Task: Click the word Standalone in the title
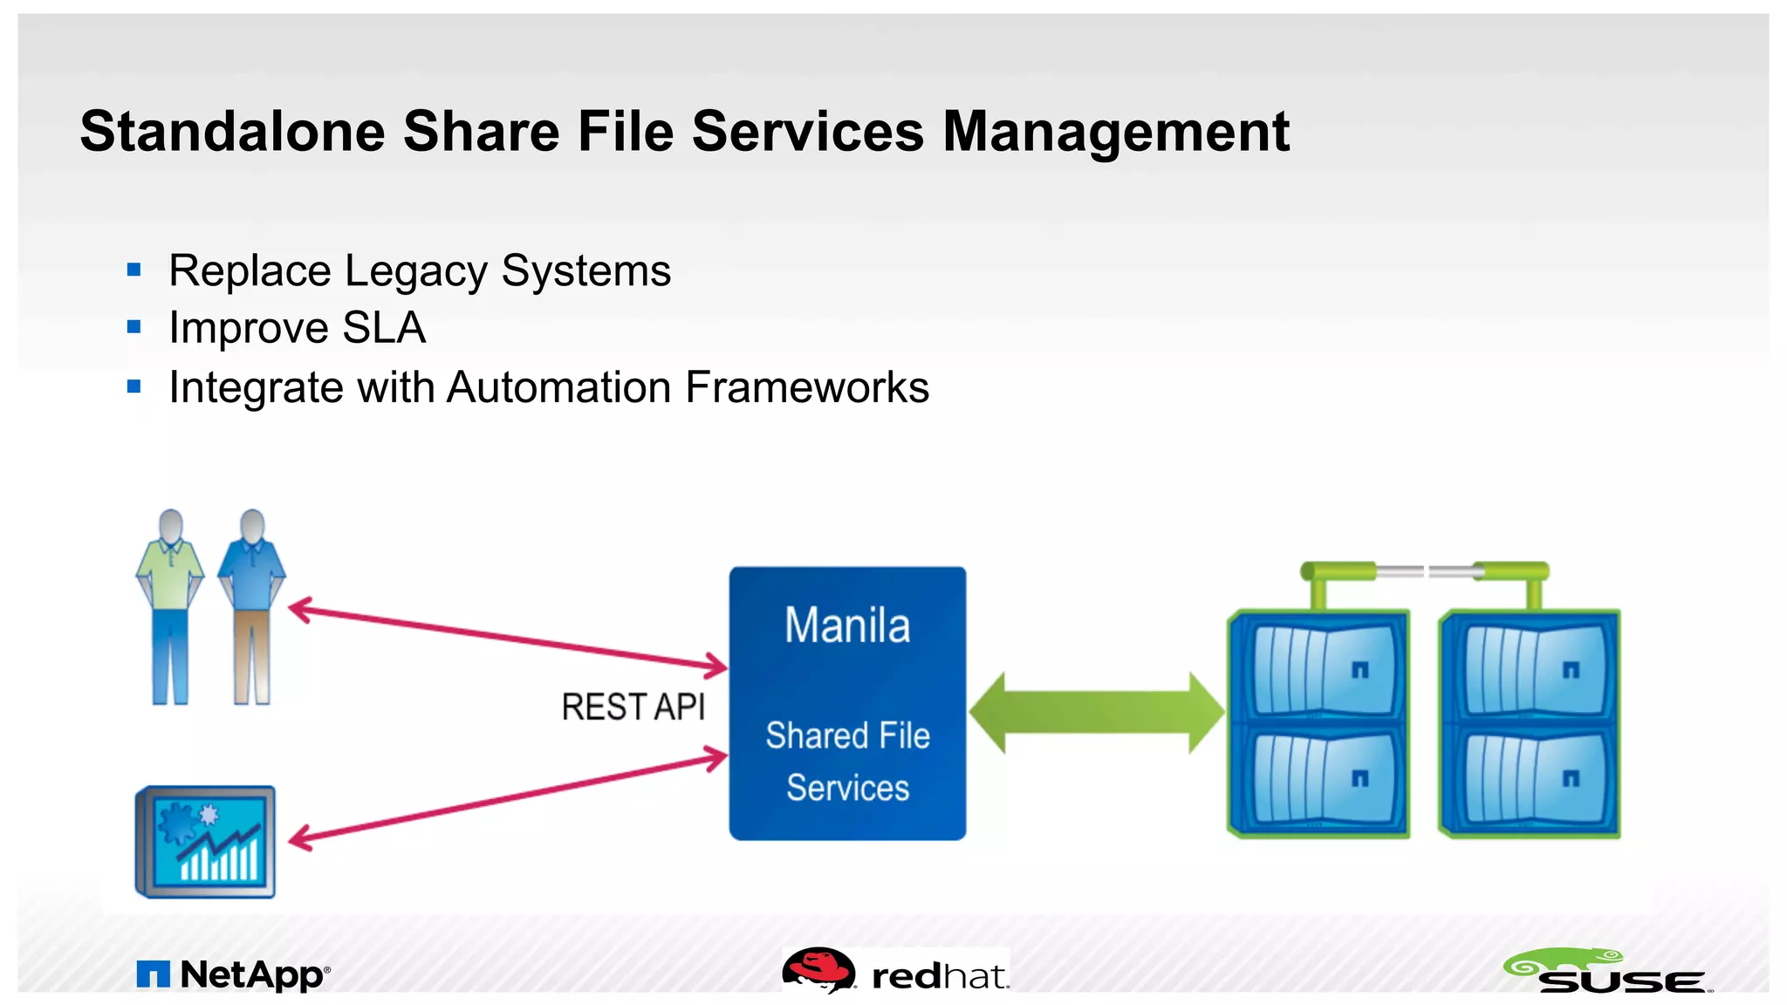232,132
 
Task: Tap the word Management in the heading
1116,132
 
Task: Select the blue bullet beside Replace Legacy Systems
134,270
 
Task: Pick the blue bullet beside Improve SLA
134,328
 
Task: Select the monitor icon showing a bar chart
205,842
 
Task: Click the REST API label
633,707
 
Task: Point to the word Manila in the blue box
847,626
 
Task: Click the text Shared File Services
847,761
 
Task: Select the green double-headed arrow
1097,712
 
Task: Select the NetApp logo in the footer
234,974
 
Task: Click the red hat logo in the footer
896,973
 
